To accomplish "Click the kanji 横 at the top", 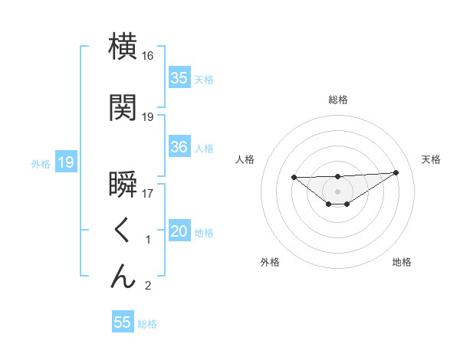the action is (x=123, y=47).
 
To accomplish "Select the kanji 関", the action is (x=123, y=108).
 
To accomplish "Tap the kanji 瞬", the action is (x=123, y=186).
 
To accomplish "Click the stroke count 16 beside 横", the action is (x=148, y=56).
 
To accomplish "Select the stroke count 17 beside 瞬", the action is (x=148, y=194).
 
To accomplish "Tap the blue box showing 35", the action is (x=179, y=77).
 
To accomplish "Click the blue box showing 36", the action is (x=179, y=147).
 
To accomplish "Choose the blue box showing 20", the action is (x=179, y=231).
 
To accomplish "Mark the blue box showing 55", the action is (x=123, y=322).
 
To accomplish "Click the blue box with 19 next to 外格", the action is (x=65, y=162).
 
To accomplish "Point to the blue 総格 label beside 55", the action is (x=147, y=324).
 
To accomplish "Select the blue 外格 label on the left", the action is (x=41, y=163).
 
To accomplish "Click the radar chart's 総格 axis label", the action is (x=337, y=100).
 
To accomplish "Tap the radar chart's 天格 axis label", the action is (x=431, y=159).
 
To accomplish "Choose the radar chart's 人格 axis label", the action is (x=245, y=159).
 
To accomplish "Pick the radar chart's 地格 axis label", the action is (x=402, y=262).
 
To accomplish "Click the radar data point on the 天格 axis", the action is (x=396, y=172).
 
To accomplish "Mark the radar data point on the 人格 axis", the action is (x=294, y=177).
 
